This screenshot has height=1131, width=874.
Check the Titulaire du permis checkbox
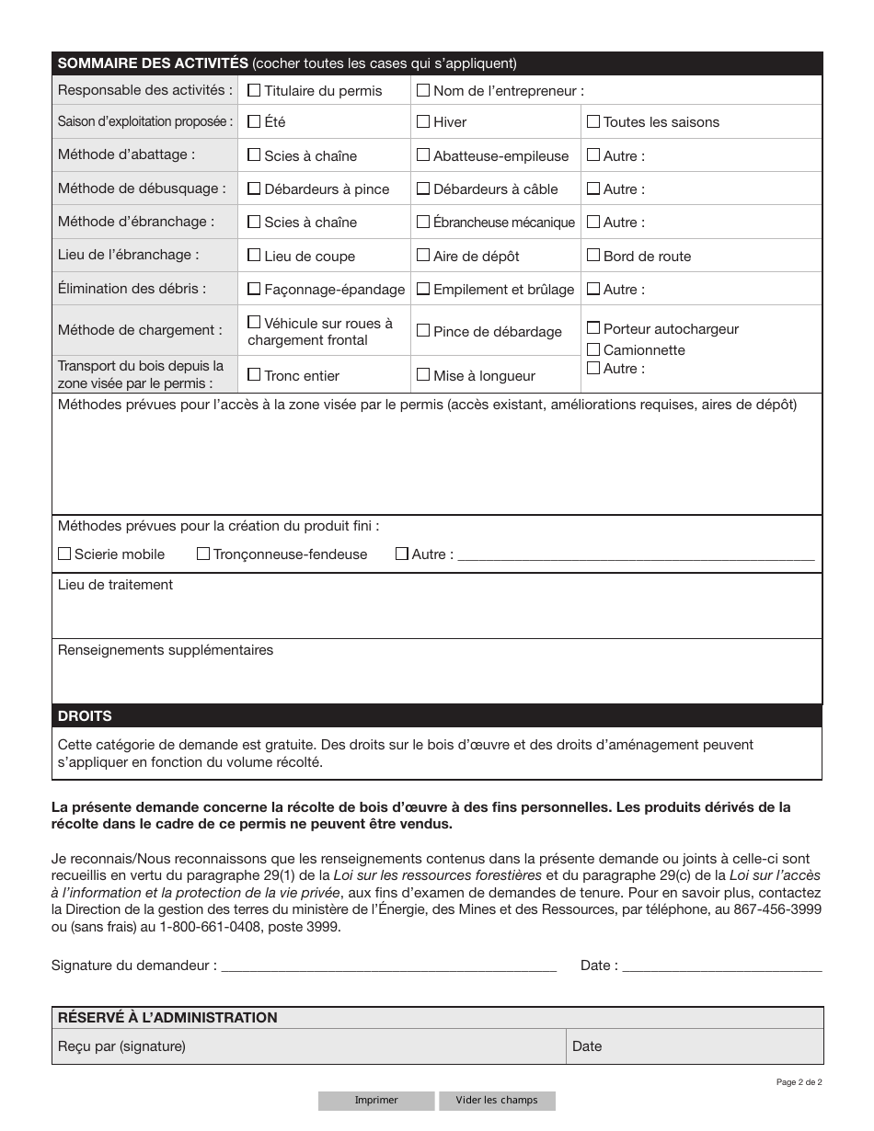(254, 90)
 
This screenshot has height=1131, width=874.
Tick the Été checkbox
(254, 121)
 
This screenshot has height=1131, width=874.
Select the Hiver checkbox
(423, 121)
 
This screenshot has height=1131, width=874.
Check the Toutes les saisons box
(593, 121)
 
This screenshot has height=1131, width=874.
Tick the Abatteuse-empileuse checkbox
(423, 155)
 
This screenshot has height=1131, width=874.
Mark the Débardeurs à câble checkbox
(423, 188)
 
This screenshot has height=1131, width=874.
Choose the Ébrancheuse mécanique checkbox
(423, 222)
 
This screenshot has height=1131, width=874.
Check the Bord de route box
(593, 256)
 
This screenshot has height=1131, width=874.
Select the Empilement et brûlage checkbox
(423, 289)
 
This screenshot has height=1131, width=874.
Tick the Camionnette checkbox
(593, 349)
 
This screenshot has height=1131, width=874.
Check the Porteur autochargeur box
(593, 328)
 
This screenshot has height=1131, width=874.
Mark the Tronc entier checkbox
(254, 374)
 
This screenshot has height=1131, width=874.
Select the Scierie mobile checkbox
(64, 554)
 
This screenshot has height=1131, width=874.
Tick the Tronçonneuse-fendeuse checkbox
(203, 554)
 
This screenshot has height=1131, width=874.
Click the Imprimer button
(376, 1101)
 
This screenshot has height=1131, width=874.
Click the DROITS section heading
(85, 716)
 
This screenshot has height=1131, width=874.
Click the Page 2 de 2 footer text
(799, 1082)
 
